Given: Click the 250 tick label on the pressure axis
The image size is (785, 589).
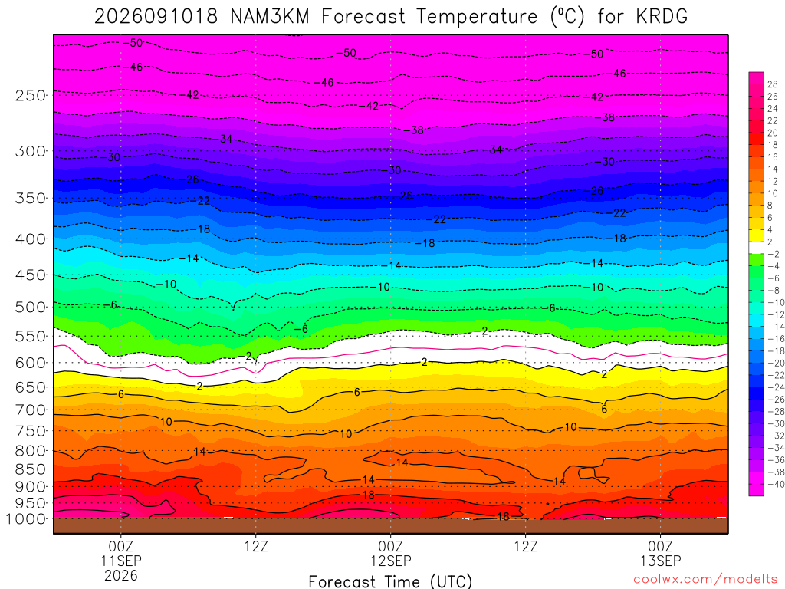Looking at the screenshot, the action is [30, 95].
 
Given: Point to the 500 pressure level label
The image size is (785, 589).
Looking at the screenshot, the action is [30, 307].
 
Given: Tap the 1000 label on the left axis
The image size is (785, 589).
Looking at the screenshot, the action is [26, 519].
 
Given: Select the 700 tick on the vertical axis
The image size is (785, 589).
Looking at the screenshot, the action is [30, 410].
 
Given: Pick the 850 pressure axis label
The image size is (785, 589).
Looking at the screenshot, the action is [30, 469].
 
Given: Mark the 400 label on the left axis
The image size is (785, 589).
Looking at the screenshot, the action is [30, 239].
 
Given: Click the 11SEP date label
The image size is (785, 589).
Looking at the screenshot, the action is [121, 561].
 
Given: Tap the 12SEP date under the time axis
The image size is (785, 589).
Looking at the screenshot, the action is [390, 561].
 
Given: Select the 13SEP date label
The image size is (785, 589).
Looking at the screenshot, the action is [660, 561].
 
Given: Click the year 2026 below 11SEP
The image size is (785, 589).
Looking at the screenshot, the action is [121, 575].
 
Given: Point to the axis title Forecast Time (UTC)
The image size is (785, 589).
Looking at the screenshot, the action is [390, 581].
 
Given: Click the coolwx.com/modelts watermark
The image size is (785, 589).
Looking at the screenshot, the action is [705, 580].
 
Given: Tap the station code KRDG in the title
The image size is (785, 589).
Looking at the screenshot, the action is [662, 17].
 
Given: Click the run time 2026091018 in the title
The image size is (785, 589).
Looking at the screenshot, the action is [156, 17].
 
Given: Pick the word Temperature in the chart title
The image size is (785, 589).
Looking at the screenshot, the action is [477, 17].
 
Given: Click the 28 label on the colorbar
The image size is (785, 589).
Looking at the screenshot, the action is [773, 84].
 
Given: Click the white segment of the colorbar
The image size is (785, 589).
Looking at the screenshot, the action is [757, 248].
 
